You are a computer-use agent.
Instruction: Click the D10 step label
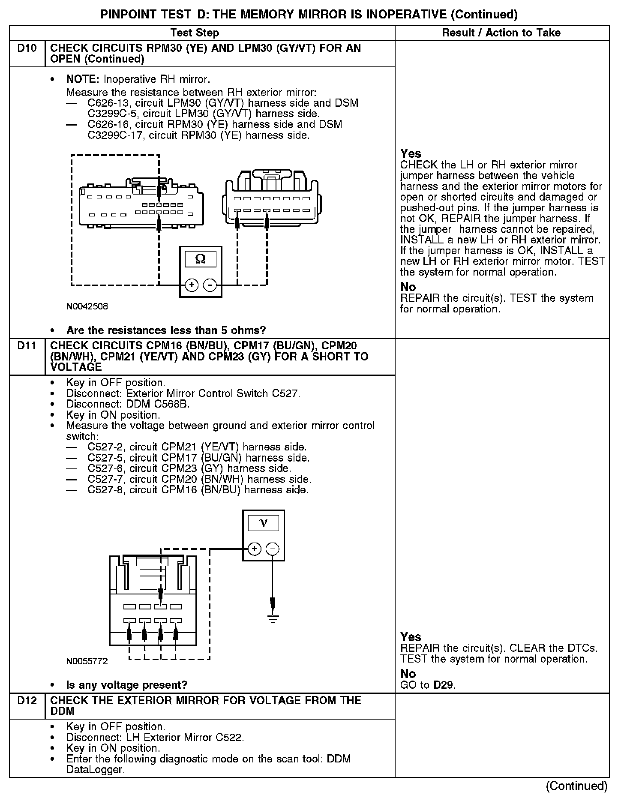(x=27, y=48)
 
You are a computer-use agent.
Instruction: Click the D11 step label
(x=27, y=346)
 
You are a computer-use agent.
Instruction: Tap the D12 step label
(x=27, y=701)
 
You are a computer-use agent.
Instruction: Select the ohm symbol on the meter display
(x=200, y=258)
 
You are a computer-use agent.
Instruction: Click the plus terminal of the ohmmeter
(x=192, y=285)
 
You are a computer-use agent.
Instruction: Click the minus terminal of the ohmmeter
(x=210, y=285)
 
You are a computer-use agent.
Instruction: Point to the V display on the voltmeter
(x=263, y=523)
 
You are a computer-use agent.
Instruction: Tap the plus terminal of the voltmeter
(x=255, y=549)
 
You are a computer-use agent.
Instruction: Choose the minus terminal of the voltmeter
(x=273, y=549)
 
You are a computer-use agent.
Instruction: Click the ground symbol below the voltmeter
(x=273, y=618)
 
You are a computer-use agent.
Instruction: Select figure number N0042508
(x=87, y=306)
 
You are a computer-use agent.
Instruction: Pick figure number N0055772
(x=87, y=661)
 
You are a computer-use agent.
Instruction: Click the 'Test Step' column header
(x=195, y=33)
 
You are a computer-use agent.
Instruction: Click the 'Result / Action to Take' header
(x=501, y=33)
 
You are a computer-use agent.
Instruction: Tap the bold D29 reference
(x=443, y=685)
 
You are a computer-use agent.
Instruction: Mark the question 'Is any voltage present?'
(x=127, y=685)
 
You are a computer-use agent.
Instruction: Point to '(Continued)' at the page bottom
(x=576, y=786)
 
